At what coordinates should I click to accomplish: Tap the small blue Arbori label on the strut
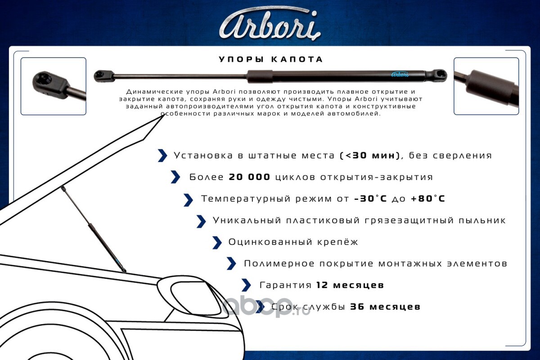coord(400,74)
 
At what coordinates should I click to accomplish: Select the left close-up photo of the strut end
coord(53,86)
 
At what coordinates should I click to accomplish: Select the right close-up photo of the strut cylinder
coord(486,86)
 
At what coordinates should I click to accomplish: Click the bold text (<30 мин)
coord(370,155)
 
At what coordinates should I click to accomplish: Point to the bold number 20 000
coord(249,177)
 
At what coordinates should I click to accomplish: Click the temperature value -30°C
coord(370,198)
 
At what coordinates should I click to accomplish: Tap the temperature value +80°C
coord(427,198)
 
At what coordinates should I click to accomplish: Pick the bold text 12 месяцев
coord(350,285)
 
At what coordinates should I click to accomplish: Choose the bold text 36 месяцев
coord(385,307)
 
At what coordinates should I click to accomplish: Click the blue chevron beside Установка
coord(162,155)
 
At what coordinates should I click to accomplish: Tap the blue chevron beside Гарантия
coord(246,285)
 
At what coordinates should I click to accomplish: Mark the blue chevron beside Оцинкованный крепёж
coord(217,243)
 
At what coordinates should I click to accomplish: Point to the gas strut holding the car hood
coord(94,229)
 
